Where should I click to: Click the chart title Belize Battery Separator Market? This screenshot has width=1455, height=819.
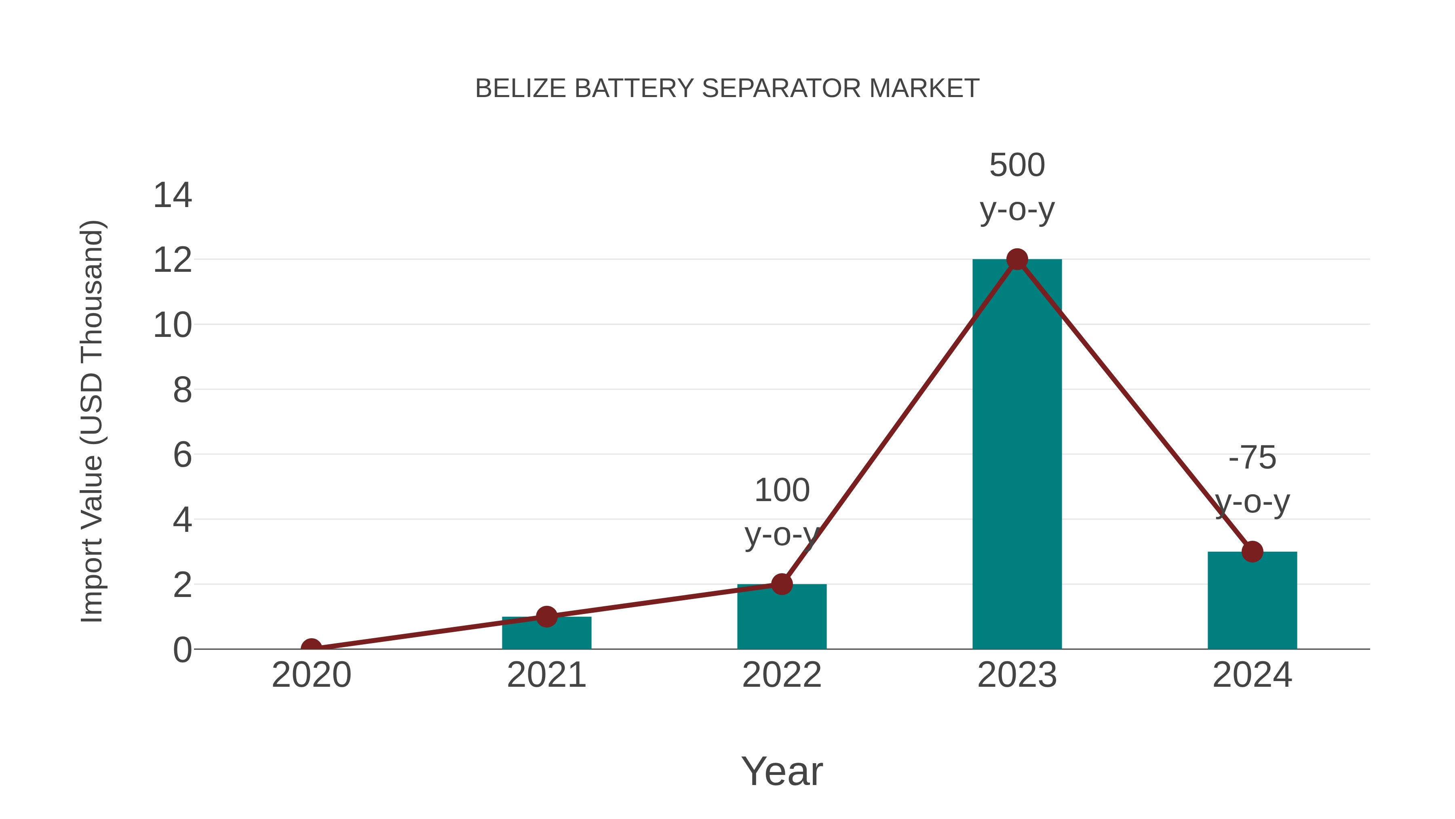pyautogui.click(x=727, y=89)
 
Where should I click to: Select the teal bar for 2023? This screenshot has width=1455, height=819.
pyautogui.click(x=1017, y=463)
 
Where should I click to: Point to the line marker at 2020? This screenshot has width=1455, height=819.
pyautogui.click(x=311, y=648)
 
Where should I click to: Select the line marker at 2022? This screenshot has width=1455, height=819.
pyautogui.click(x=782, y=584)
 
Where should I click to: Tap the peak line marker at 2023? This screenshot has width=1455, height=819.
pyautogui.click(x=1017, y=259)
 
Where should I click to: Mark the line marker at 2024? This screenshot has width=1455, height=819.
pyautogui.click(x=1252, y=552)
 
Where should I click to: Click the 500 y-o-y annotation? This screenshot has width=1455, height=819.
pyautogui.click(x=1017, y=187)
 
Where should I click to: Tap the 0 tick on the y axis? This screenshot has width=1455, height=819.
pyautogui.click(x=182, y=650)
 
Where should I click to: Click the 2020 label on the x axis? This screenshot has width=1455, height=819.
pyautogui.click(x=311, y=675)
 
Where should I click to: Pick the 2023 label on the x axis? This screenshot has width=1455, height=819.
pyautogui.click(x=1017, y=675)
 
